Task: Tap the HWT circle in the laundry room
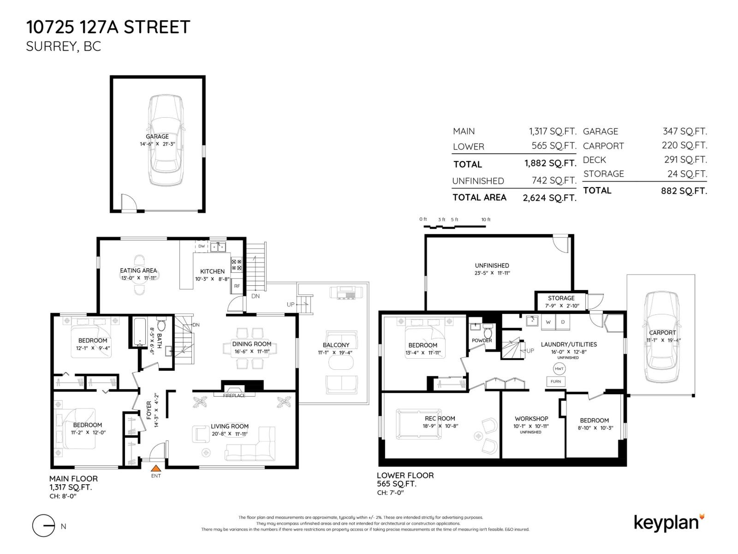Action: (559, 369)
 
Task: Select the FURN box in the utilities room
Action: (556, 381)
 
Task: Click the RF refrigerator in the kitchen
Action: (237, 286)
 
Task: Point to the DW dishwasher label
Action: (202, 246)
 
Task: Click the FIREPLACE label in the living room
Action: (234, 396)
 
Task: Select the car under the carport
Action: (662, 337)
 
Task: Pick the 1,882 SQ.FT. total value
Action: (549, 163)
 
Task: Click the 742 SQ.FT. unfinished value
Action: (553, 181)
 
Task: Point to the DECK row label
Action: (595, 160)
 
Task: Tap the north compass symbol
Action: (44, 525)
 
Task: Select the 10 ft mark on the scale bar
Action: (486, 220)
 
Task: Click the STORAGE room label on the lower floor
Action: (561, 298)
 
